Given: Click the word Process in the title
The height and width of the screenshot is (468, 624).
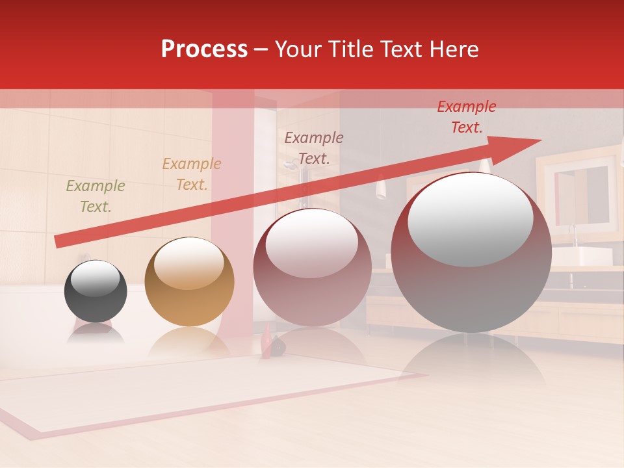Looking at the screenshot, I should coord(204,49).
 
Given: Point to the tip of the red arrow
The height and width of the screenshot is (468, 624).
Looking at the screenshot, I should coord(539,140).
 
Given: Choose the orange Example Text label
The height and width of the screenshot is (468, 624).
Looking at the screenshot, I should coord(192,174).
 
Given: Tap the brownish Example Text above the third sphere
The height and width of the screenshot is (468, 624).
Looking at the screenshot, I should coord(314,148).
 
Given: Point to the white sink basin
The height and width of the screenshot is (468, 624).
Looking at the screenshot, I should coord(589,256).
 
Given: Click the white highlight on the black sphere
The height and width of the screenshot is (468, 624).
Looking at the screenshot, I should coord(96,278).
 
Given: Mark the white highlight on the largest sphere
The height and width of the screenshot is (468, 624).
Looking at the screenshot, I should coord(471,218).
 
